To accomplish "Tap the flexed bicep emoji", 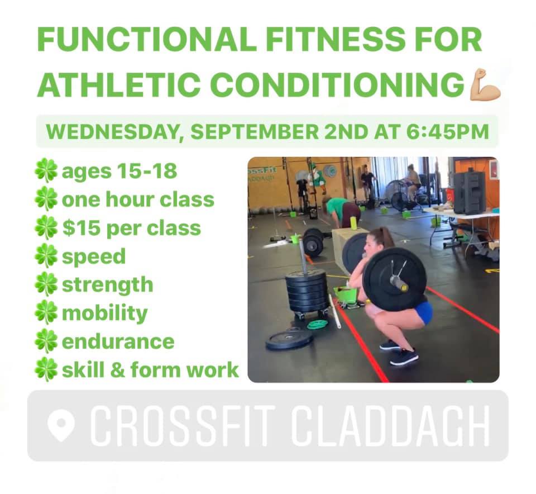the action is pos(485,84).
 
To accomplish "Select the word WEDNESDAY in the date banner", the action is pos(113,132).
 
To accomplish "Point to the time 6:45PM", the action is pos(447,132).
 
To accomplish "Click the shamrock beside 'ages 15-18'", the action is pos(46,170).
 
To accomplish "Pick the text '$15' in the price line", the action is pos(81,228).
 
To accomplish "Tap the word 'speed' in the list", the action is pos(94,257).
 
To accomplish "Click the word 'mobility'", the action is pos(104,313).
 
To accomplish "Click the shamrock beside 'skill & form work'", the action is pos(46,370).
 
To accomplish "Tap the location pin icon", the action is pos(61,425).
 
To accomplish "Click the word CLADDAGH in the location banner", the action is pos(390,426).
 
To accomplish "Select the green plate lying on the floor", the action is pos(317,324).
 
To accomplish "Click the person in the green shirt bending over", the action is pos(341,212).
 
